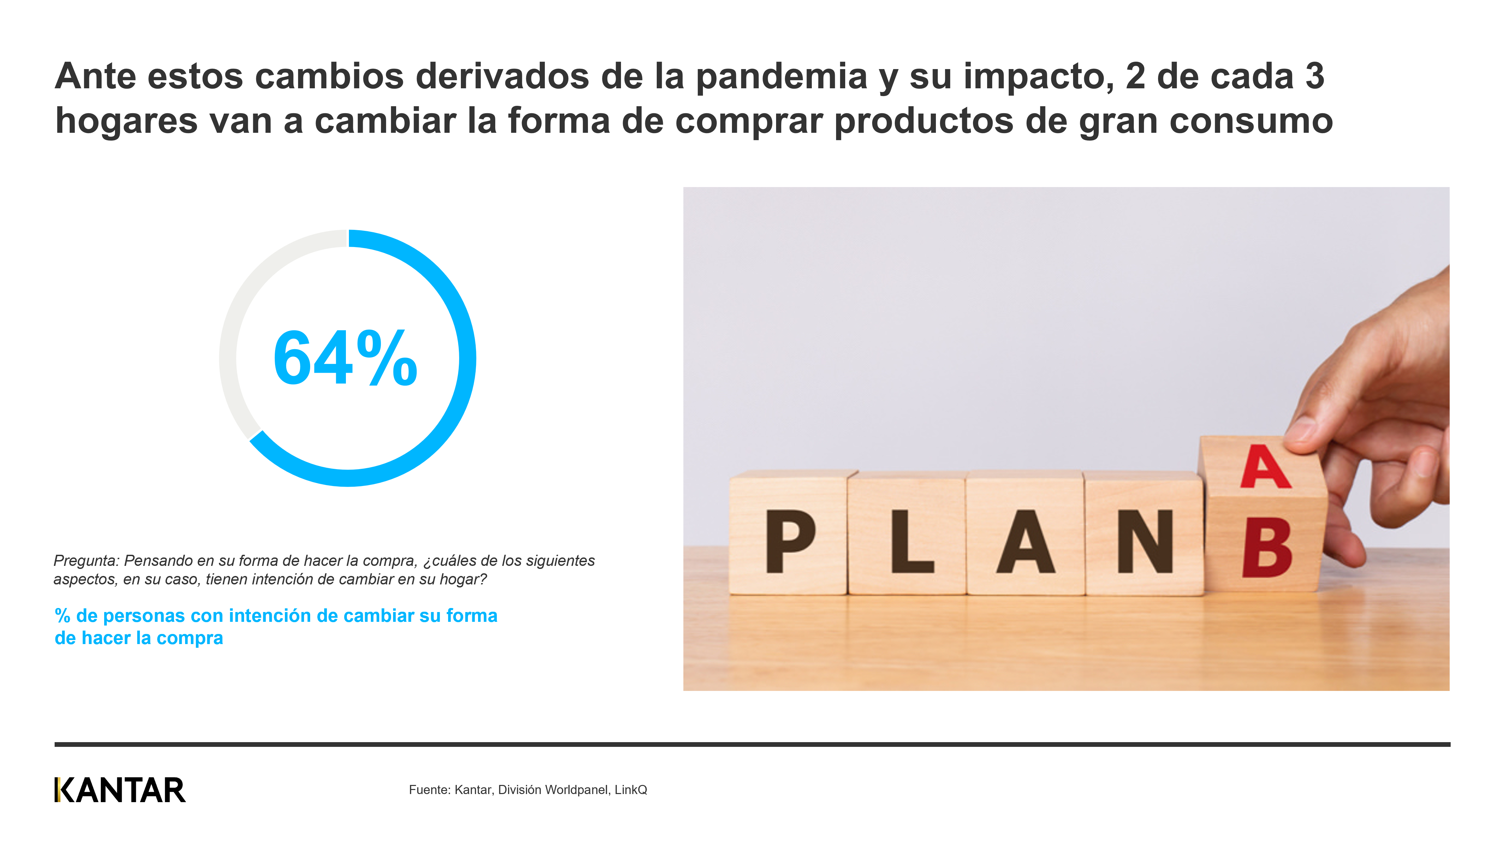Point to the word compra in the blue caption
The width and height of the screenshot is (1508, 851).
coord(190,639)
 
